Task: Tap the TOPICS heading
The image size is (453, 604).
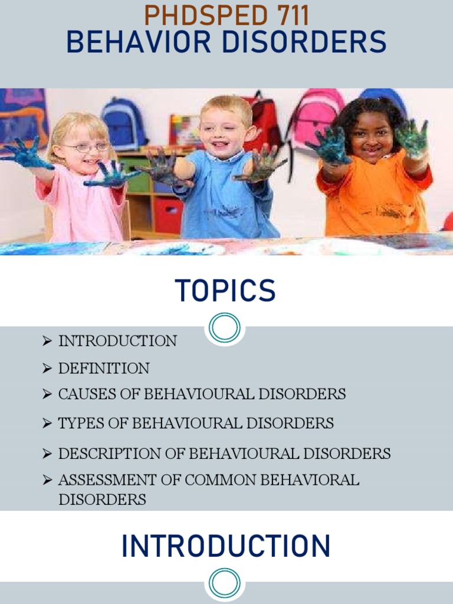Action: pyautogui.click(x=225, y=291)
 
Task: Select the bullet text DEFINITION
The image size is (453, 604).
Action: pyautogui.click(x=103, y=369)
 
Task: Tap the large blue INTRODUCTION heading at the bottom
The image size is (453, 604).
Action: pyautogui.click(x=225, y=546)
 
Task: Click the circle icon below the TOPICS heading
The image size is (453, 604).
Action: pyautogui.click(x=225, y=327)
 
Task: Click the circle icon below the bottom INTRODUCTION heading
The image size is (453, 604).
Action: pyautogui.click(x=225, y=583)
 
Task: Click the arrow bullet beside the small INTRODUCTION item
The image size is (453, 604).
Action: pyautogui.click(x=48, y=342)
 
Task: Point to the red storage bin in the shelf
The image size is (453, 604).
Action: pyautogui.click(x=169, y=215)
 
